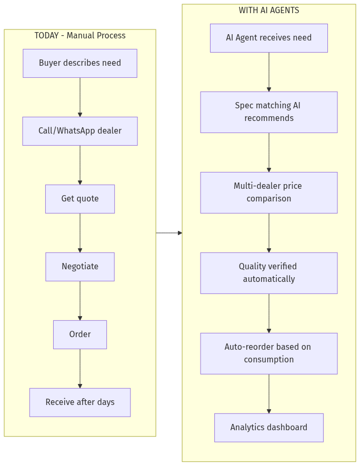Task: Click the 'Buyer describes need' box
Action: pyautogui.click(x=80, y=63)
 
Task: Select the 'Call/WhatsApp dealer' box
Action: pyautogui.click(x=80, y=131)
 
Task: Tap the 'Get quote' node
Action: pyautogui.click(x=80, y=199)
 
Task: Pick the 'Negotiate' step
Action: pyautogui.click(x=80, y=267)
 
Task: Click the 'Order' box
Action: pyautogui.click(x=80, y=335)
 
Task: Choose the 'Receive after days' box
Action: pyautogui.click(x=80, y=402)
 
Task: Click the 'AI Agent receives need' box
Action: pyautogui.click(x=268, y=38)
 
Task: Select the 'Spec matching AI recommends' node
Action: pyautogui.click(x=268, y=112)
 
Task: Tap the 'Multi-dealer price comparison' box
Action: pyautogui.click(x=268, y=193)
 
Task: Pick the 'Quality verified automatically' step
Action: pyautogui.click(x=268, y=273)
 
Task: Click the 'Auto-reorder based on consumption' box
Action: pyautogui.click(x=268, y=353)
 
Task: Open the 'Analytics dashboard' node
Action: pyautogui.click(x=268, y=428)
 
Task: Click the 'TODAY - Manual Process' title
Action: pyautogui.click(x=80, y=36)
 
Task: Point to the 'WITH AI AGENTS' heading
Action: pyautogui.click(x=268, y=11)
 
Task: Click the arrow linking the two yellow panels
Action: pyautogui.click(x=169, y=232)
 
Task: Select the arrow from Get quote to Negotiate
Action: pyautogui.click(x=80, y=232)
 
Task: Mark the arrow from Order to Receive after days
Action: pyautogui.click(x=80, y=368)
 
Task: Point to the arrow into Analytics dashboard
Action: pyautogui.click(x=268, y=393)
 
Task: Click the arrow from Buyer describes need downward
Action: pyautogui.click(x=80, y=97)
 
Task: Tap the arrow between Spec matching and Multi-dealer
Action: pyautogui.click(x=268, y=152)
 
